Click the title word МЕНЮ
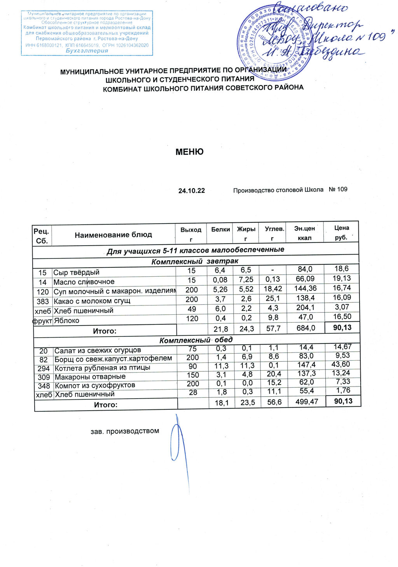pos(189,152)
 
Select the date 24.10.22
pos(191,191)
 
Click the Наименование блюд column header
pos(113,235)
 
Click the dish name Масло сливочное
pos(84,282)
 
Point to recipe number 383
pos(42,301)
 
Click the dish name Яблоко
pos(66,321)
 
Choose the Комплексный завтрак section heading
pos(195,261)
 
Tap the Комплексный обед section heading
pos(196,340)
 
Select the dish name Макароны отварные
pos(90,376)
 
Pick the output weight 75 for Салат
pos(192,349)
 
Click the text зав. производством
pos(125,431)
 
